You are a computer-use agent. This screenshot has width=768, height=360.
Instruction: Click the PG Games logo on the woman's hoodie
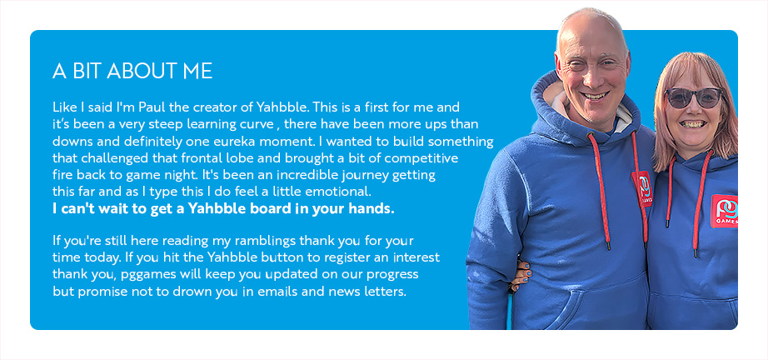[x=724, y=211]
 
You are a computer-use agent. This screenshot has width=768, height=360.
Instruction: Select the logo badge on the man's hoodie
[x=643, y=188]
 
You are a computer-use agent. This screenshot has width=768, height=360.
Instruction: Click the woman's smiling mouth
[x=692, y=124]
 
